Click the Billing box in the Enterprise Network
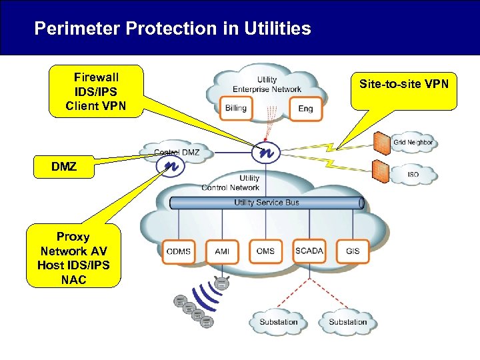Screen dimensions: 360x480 [x=235, y=108]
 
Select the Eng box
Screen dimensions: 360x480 [x=305, y=108]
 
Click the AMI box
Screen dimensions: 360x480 [x=222, y=252]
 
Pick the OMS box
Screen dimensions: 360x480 [x=265, y=252]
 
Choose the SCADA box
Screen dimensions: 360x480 [x=309, y=252]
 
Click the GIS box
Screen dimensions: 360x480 [x=353, y=252]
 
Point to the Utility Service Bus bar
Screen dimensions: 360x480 [x=267, y=203]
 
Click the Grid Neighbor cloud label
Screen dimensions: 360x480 [x=413, y=143]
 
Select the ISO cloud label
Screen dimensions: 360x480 [x=413, y=175]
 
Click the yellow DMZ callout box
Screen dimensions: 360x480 [x=64, y=167]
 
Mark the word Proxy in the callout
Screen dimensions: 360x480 [x=73, y=237]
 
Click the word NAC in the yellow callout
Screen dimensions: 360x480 [x=73, y=280]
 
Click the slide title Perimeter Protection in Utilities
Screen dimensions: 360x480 [x=172, y=29]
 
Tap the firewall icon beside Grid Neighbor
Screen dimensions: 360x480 [x=381, y=142]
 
